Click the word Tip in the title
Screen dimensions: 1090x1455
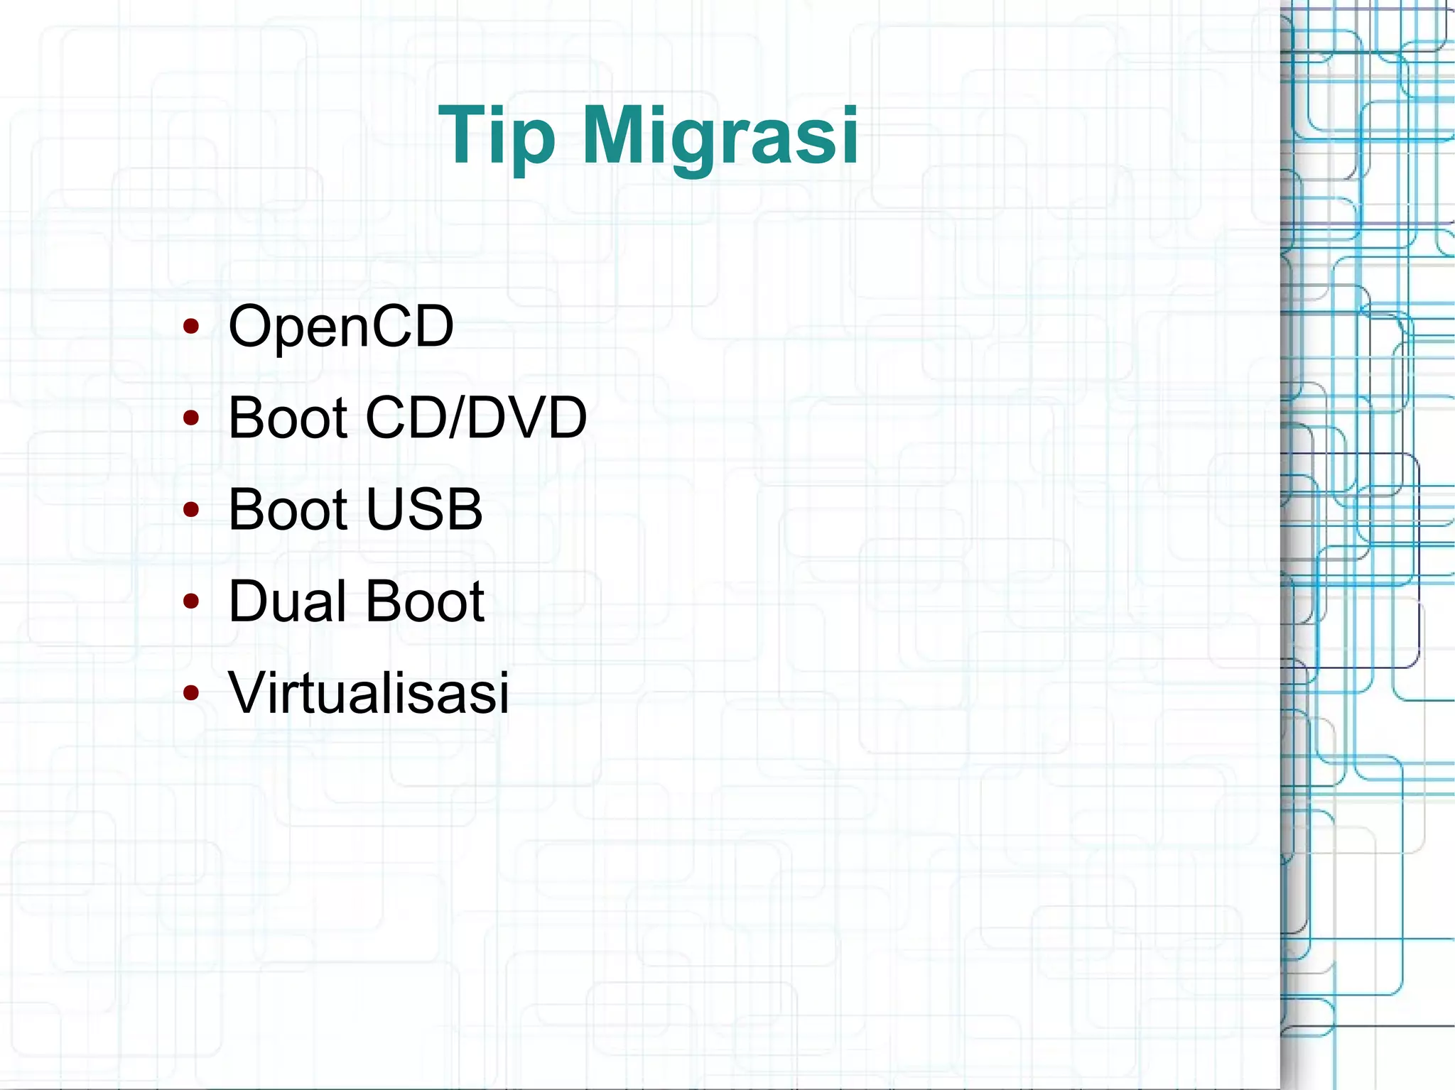point(495,135)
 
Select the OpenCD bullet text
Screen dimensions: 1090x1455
point(340,326)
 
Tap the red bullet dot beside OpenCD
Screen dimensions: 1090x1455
point(190,327)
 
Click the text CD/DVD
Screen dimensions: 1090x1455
point(476,418)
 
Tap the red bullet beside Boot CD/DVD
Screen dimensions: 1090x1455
point(190,418)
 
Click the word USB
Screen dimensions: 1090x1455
point(424,509)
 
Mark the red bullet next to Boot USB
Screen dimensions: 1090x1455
point(190,510)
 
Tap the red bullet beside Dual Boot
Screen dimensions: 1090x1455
point(190,601)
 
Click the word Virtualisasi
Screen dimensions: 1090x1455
point(369,692)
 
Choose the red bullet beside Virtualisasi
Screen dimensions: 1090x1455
point(190,693)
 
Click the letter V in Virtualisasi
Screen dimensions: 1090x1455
point(248,692)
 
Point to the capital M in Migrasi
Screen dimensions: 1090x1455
point(620,135)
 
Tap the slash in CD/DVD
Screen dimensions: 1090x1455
point(455,418)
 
